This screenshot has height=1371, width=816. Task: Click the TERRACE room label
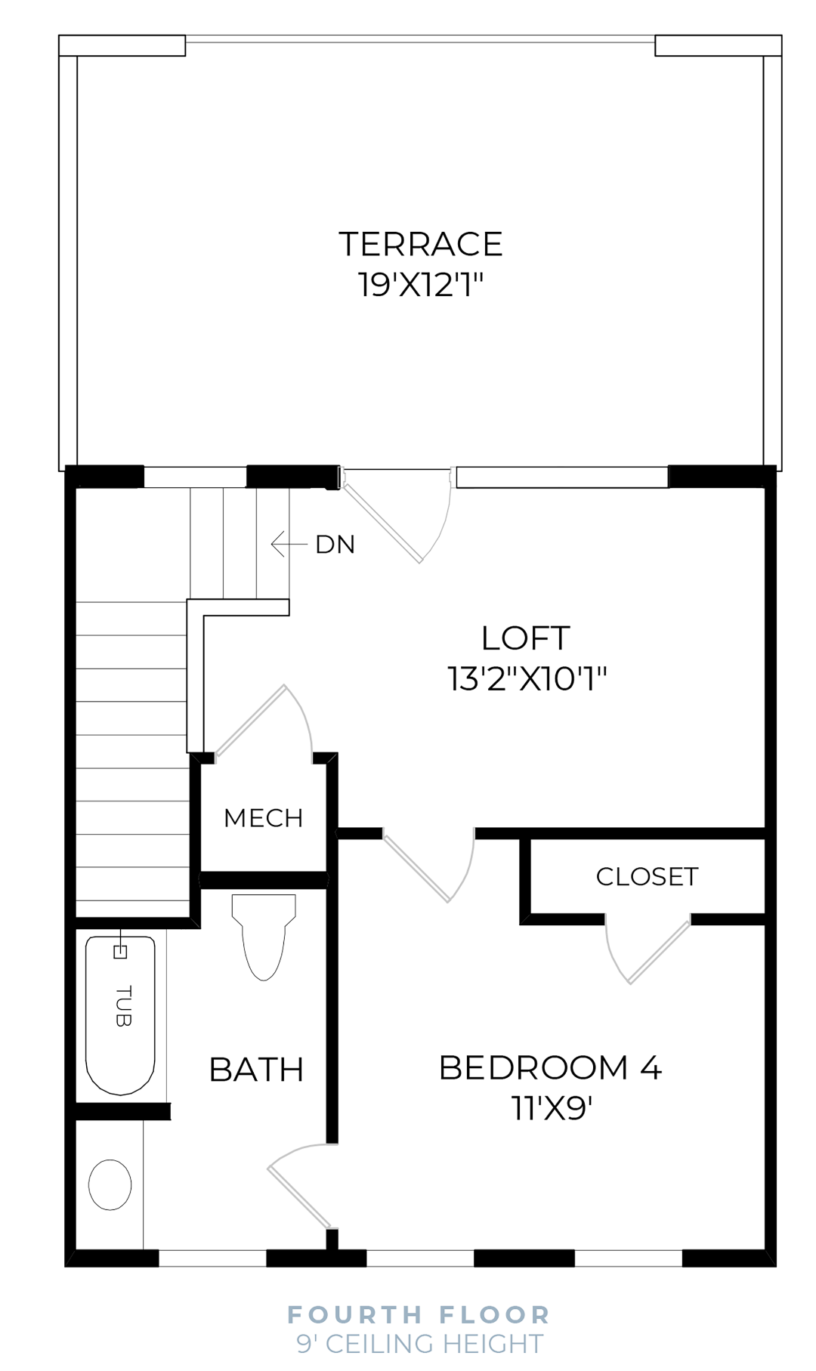(420, 245)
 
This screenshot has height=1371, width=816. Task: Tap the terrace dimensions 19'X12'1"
(420, 286)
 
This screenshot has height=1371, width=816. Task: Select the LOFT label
(525, 638)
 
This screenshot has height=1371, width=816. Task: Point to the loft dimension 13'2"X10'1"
(527, 678)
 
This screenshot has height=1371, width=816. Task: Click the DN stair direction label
(335, 545)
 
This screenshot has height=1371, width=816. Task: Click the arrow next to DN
(288, 544)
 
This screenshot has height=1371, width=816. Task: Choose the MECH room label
(263, 818)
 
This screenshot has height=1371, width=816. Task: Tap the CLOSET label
(647, 877)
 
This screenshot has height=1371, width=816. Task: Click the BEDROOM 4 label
(550, 1068)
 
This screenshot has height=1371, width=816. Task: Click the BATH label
(256, 1070)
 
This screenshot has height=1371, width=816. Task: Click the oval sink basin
(110, 1184)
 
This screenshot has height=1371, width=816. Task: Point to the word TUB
(123, 1006)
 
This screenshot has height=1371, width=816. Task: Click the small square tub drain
(119, 952)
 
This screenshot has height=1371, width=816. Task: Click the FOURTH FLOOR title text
(419, 1314)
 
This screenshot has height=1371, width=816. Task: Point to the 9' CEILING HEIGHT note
(419, 1344)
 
